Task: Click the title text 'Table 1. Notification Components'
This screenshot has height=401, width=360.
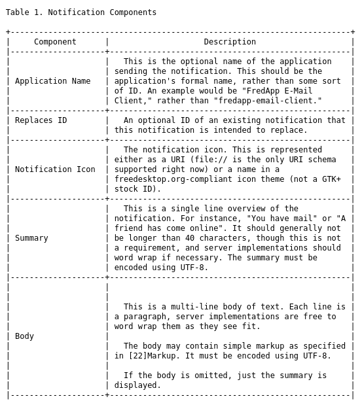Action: point(81,12)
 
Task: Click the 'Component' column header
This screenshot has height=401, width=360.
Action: point(55,42)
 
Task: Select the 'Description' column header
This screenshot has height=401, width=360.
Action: point(230,42)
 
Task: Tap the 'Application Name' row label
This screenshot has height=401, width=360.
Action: point(53,81)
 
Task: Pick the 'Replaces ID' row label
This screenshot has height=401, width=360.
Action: point(41,120)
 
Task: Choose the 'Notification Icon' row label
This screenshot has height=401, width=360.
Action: point(55,169)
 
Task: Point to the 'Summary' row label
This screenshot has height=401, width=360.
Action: point(31,238)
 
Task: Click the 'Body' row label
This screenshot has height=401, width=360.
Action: point(24,336)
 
